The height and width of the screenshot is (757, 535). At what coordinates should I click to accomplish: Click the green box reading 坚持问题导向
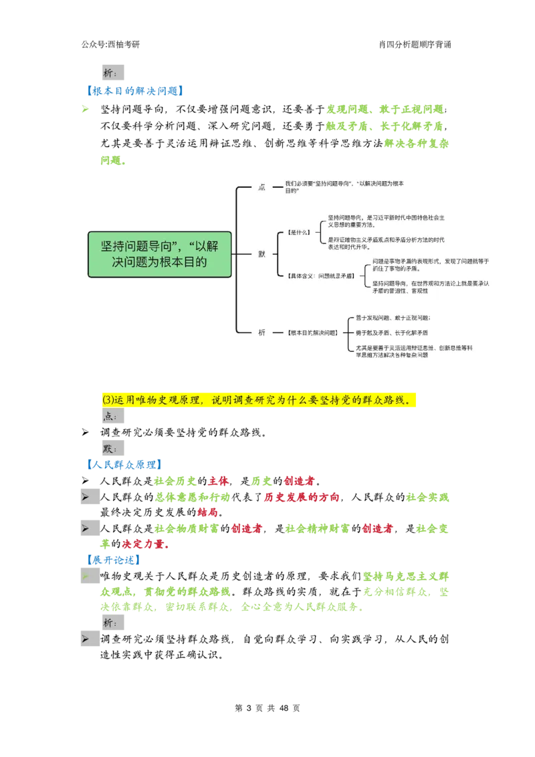(159, 254)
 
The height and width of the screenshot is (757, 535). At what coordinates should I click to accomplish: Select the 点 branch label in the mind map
(262, 187)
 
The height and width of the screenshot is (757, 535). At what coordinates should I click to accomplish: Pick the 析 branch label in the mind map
(262, 332)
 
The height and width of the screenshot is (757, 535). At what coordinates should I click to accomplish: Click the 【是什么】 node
(298, 232)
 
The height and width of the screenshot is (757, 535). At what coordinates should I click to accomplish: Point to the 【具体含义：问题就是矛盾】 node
(316, 275)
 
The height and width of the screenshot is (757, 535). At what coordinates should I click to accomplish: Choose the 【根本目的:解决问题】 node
(312, 332)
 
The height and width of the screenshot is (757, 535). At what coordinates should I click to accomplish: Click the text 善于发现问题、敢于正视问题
(393, 318)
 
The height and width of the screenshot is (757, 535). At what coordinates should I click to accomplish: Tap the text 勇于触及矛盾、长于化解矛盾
(392, 332)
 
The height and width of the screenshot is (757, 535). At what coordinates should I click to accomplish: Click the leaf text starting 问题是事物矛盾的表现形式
(430, 265)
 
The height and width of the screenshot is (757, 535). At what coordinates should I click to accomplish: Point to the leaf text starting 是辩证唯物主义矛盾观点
(386, 243)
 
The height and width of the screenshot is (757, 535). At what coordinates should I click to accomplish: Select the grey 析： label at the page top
(110, 72)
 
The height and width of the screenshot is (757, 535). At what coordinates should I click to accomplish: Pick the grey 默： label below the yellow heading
(110, 448)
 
